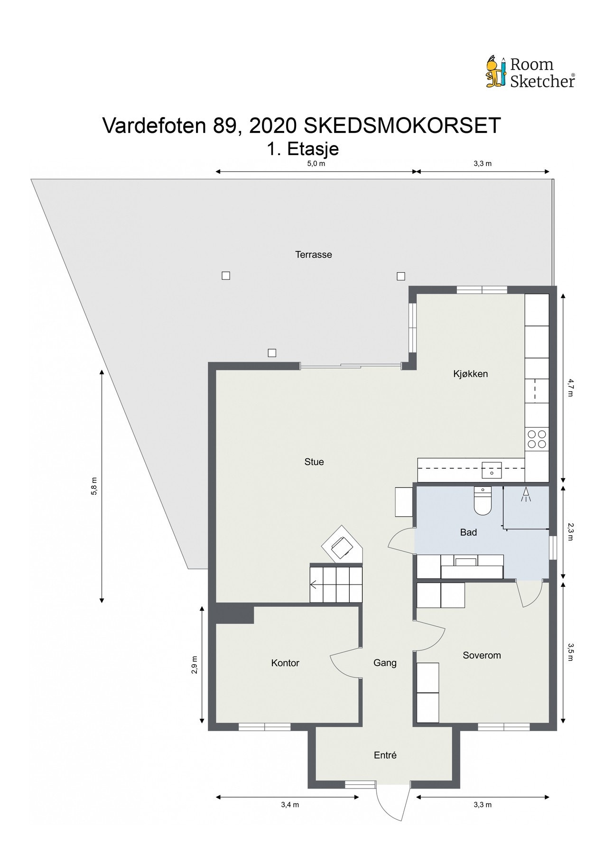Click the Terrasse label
tap(313, 254)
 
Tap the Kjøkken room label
tap(470, 374)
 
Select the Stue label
tap(314, 462)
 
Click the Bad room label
tap(468, 532)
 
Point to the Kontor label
tap(285, 663)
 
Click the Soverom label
tap(482, 655)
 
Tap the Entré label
tap(385, 755)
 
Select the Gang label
tap(385, 663)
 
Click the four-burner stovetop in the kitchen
tap(537, 439)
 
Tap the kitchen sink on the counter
tap(492, 470)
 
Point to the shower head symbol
tap(525, 494)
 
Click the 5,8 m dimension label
tap(94, 486)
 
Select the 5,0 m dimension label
tap(316, 164)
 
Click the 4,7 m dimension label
tap(571, 387)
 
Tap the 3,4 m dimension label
tap(290, 804)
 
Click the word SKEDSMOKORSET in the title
tap(402, 126)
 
